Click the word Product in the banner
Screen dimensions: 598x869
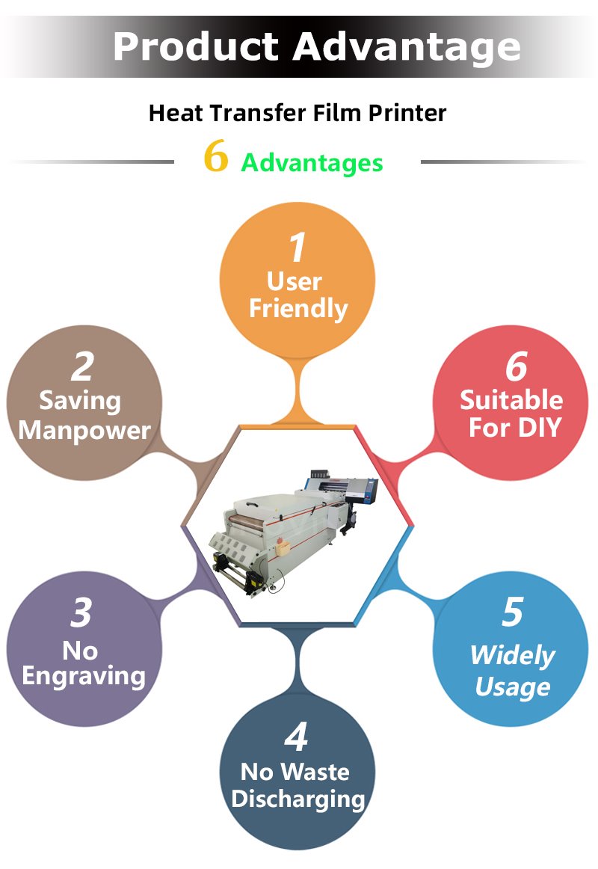pos(195,46)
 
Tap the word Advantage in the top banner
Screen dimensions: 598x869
pos(407,48)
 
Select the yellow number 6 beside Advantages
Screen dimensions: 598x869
pos(216,156)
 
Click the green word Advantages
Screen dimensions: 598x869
pos(312,163)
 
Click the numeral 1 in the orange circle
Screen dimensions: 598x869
pos(298,248)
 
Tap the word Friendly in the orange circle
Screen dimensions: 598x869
pos(298,309)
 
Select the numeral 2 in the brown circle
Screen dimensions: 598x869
pos(82,366)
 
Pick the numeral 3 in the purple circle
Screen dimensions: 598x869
pos(81,612)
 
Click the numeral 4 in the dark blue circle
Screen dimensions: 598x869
pos(296,737)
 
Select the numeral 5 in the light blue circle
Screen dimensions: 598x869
pos(513,612)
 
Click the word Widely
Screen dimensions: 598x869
pos(513,656)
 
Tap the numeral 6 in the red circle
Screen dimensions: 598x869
pos(516,366)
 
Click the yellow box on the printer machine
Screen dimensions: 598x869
pos(283,549)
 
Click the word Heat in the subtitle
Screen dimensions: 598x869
pos(176,113)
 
